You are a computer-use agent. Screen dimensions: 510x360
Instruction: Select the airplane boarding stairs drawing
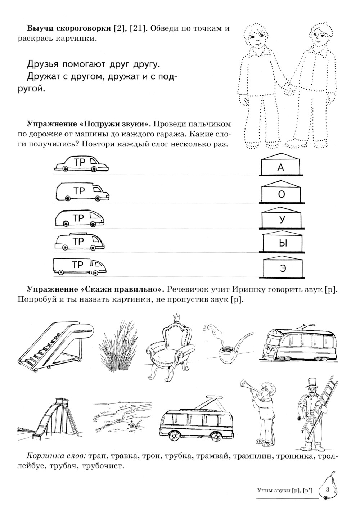click(54, 346)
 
